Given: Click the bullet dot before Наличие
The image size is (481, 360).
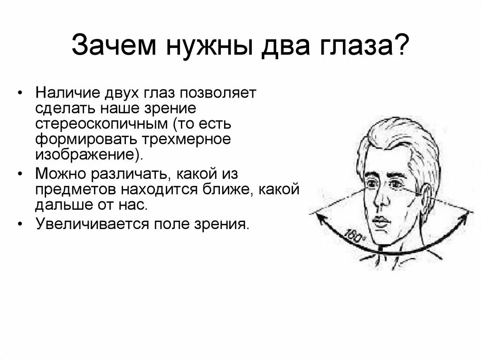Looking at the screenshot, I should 19,93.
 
